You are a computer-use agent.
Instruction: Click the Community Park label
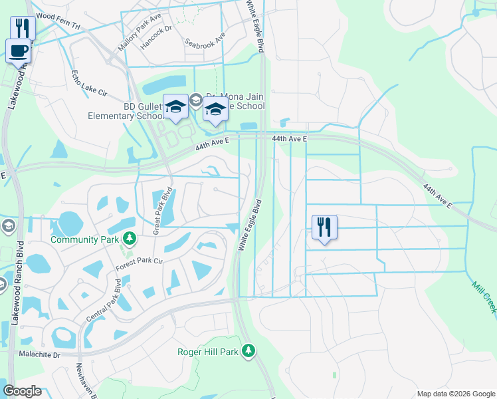coord(84,238)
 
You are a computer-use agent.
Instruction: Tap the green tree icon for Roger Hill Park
coord(248,350)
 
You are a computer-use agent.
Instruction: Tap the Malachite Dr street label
coord(39,355)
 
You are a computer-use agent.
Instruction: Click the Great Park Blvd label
coord(162,211)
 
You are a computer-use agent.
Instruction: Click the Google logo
coord(22,391)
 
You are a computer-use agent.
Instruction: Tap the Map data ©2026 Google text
coord(455,394)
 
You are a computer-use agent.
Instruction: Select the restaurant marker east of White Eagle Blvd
coord(324,227)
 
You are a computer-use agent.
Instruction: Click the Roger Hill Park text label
coord(208,352)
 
